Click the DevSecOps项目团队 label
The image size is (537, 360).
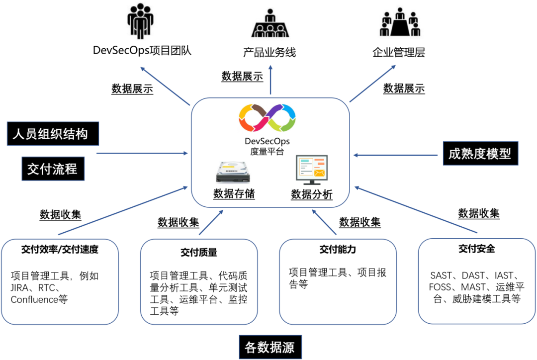(142, 51)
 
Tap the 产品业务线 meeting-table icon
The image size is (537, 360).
(270, 24)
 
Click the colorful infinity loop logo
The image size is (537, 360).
(268, 120)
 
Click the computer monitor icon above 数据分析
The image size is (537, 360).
(311, 170)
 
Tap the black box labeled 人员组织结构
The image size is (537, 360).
(53, 134)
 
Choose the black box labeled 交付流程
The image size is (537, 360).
(53, 169)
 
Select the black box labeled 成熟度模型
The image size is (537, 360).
(480, 154)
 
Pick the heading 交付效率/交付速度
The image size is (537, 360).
(60, 249)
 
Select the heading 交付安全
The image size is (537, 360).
(477, 249)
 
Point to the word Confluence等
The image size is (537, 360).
(39, 299)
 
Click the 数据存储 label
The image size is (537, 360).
(234, 194)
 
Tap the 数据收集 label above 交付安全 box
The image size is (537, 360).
(479, 213)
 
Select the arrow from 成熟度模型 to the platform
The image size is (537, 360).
(397, 155)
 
